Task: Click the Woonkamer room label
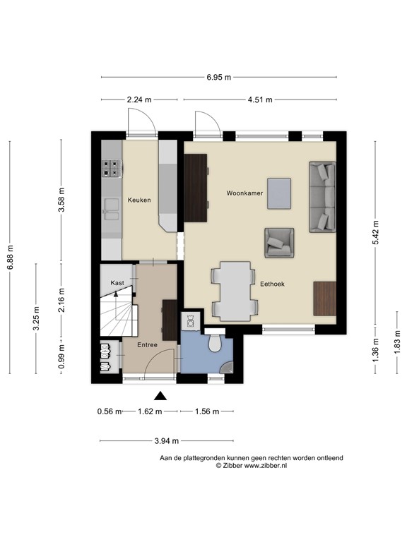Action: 244,193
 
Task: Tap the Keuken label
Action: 139,200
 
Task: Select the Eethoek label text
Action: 272,284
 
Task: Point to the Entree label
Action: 147,344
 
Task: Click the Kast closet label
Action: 117,283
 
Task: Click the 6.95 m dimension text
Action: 219,77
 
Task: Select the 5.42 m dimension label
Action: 375,232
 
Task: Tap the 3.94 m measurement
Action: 167,440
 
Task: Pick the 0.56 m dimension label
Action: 110,411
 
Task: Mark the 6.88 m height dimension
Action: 10,257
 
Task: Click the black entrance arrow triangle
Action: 160,396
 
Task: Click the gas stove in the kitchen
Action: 112,169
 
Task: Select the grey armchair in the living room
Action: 279,243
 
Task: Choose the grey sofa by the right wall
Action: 322,197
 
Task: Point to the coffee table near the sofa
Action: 279,193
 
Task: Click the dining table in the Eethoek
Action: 235,291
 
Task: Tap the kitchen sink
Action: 112,210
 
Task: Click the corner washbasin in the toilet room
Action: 228,368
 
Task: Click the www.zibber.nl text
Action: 266,466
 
